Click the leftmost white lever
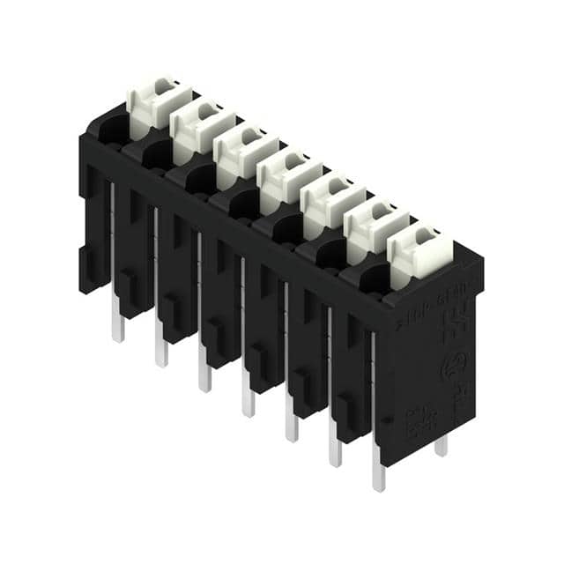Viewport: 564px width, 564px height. [x=156, y=101]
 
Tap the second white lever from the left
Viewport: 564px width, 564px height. [x=199, y=125]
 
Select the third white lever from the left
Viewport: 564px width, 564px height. [x=243, y=150]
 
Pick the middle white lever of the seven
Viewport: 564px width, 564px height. [x=286, y=174]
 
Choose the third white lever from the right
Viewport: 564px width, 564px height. [x=330, y=198]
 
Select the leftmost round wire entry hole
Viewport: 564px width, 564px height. [x=113, y=132]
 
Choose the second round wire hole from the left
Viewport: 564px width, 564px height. [x=156, y=156]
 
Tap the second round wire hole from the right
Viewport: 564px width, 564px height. [x=330, y=255]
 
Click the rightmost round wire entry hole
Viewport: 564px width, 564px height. [x=374, y=279]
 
